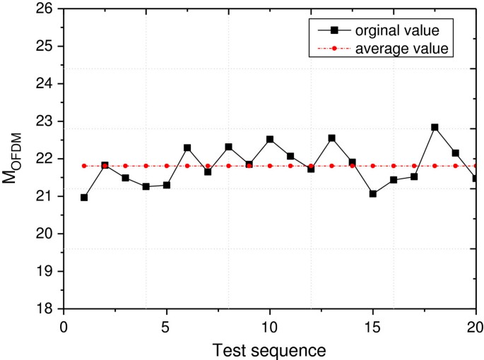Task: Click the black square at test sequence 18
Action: [435, 128]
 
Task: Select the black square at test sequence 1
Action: [84, 198]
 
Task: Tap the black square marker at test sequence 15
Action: [373, 193]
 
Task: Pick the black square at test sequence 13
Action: [331, 138]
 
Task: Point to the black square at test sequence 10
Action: [270, 140]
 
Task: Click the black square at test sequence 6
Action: [187, 148]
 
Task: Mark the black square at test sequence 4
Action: [146, 186]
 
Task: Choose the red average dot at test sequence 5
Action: [167, 166]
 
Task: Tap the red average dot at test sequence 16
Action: [394, 166]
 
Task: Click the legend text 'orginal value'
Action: [398, 30]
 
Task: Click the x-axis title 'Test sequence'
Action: [270, 349]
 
